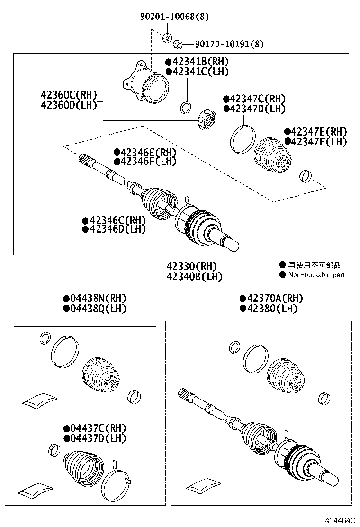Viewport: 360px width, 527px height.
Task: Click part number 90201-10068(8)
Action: click(174, 17)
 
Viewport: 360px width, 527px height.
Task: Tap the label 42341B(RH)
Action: click(199, 62)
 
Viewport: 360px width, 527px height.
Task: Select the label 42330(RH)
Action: click(194, 266)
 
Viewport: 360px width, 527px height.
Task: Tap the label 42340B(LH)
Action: click(194, 276)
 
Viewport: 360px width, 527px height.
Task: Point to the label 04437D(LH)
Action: click(98, 438)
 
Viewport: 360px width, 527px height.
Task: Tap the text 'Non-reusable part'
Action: click(316, 275)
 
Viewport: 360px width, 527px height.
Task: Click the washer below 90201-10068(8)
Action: click(167, 37)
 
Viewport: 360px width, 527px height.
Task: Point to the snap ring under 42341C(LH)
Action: click(186, 108)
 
